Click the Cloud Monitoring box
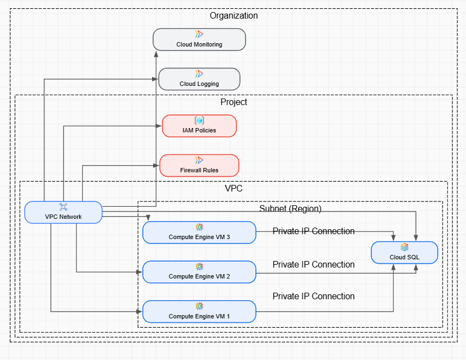point(199,39)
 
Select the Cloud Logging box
point(199,79)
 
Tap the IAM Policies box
point(199,126)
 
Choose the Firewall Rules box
point(199,165)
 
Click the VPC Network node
point(63,212)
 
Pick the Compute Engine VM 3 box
point(199,232)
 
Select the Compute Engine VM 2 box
point(199,272)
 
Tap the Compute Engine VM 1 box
point(199,311)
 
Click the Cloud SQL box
point(404,252)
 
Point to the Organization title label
point(234,16)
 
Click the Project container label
point(234,102)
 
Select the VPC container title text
point(234,188)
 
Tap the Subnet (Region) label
point(290,209)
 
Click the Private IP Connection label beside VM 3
point(313,231)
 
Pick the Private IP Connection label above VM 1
point(313,297)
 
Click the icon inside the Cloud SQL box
point(404,247)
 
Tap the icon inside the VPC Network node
point(63,207)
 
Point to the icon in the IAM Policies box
point(199,120)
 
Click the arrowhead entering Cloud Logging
point(155,79)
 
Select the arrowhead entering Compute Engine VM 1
point(139,311)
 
